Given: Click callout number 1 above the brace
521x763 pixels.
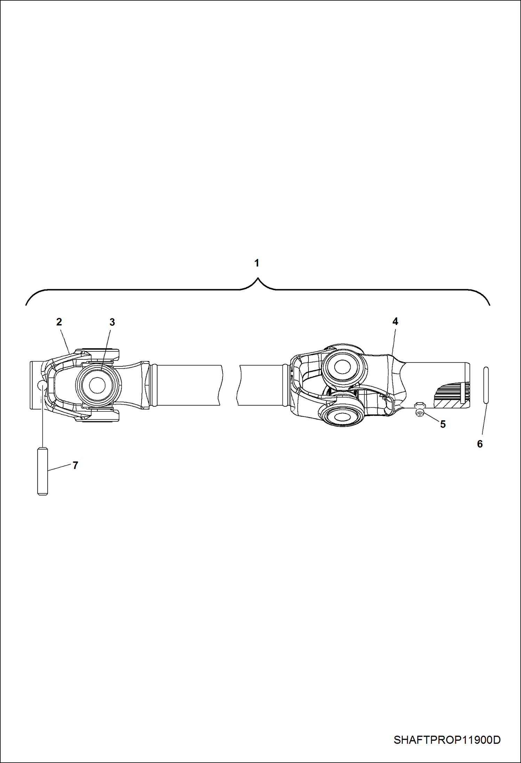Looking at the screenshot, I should [x=257, y=263].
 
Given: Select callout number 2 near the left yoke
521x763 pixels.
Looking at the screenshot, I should [x=59, y=322].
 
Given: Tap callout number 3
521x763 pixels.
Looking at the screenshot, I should [x=112, y=322].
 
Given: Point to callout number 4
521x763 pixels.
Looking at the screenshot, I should [x=395, y=321].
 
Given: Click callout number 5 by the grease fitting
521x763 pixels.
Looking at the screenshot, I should [x=443, y=424].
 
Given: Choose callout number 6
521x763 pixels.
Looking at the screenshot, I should [x=480, y=444].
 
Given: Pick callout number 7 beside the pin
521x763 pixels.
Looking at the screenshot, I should [x=75, y=465].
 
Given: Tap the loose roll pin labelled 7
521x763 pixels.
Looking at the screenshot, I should [x=42, y=471].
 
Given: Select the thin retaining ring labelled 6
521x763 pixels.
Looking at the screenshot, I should [x=486, y=385].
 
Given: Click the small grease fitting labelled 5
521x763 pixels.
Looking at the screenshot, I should [x=420, y=409].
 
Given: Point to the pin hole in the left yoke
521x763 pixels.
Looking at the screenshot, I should [x=42, y=385].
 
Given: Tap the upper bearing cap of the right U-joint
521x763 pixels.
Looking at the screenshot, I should [x=344, y=366].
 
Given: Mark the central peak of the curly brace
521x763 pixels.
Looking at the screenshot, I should [x=258, y=278].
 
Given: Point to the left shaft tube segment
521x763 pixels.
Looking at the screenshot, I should [x=188, y=385].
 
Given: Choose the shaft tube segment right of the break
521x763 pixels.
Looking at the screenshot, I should [x=261, y=385].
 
